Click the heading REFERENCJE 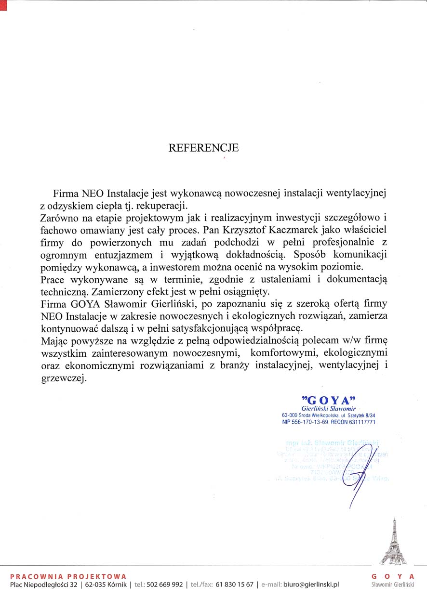coord(203,148)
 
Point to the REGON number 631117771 coord(360,422)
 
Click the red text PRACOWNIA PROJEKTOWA coord(68,576)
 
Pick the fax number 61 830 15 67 coord(235,585)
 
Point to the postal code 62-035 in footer coord(95,585)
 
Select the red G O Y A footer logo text coord(393,576)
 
